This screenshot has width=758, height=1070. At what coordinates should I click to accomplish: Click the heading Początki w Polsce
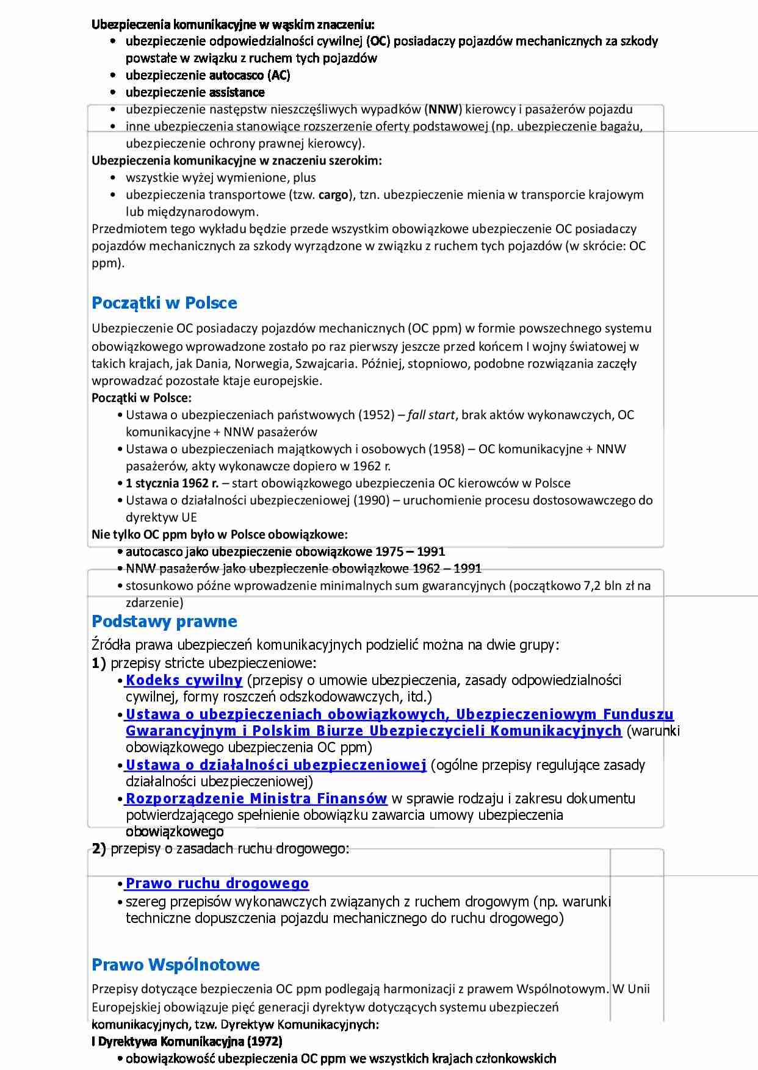tap(164, 303)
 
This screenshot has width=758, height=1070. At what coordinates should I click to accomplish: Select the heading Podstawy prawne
tap(164, 622)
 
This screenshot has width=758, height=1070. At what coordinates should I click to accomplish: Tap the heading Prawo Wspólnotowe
tap(176, 965)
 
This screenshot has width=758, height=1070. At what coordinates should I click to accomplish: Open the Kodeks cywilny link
tap(184, 680)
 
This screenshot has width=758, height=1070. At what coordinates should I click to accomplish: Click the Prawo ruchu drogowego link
tap(217, 883)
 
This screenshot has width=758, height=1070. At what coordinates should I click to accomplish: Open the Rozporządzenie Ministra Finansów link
tap(256, 799)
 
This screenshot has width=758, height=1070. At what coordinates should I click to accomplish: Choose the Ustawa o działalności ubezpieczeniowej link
tap(276, 765)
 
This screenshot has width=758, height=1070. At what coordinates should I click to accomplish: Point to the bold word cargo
tap(333, 195)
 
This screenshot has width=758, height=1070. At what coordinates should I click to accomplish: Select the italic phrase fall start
tap(431, 415)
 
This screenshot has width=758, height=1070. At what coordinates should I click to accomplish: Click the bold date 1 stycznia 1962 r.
tap(172, 483)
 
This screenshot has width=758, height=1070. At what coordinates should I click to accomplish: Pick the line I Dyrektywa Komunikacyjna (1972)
tap(187, 1041)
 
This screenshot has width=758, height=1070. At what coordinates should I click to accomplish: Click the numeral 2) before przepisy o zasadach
tap(99, 849)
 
